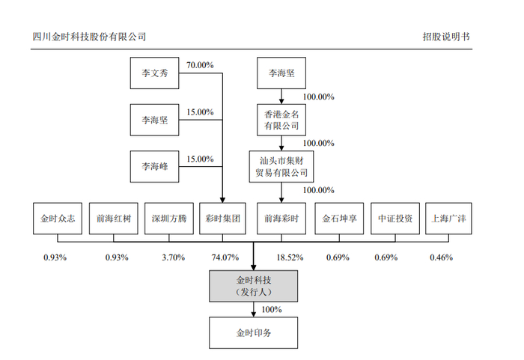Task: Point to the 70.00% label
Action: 200,65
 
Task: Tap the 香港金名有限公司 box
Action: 281,119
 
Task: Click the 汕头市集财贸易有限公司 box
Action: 281,165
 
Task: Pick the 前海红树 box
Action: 113,219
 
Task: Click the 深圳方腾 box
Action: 168,219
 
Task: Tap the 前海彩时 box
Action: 281,219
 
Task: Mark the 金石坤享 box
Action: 338,219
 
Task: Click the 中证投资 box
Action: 394,219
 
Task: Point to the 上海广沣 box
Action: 451,219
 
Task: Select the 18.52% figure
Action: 289,257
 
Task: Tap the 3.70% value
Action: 173,257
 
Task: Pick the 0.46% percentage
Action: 441,257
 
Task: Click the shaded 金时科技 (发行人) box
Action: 253,286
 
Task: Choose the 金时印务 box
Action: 253,331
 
